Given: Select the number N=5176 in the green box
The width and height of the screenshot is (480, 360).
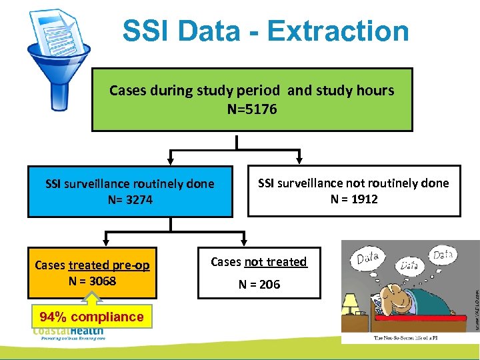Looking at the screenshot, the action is pyautogui.click(x=252, y=108).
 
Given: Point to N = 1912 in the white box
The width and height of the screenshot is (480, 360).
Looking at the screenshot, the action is pyautogui.click(x=354, y=199).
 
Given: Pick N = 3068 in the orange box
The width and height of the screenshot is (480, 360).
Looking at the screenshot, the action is pyautogui.click(x=92, y=281).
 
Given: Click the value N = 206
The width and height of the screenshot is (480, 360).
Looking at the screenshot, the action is pyautogui.click(x=259, y=285).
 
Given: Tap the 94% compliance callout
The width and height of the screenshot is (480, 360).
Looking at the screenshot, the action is pyautogui.click(x=91, y=317).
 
